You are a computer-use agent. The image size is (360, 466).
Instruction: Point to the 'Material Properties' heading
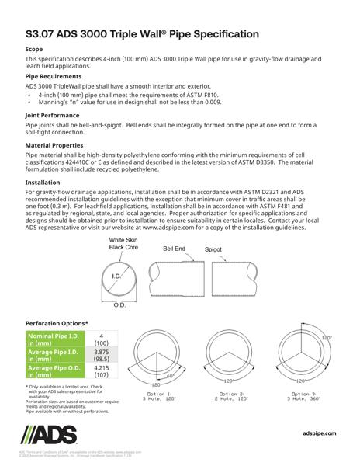57,144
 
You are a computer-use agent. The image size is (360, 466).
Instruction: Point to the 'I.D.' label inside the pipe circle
117,276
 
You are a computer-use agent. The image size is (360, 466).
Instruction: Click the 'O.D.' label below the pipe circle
120,305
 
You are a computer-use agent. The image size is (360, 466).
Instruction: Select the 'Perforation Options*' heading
57,322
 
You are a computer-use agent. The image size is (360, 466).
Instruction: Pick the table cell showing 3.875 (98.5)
101,356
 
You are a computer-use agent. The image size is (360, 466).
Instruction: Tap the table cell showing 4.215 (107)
101,374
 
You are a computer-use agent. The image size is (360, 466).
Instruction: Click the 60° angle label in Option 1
169,374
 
